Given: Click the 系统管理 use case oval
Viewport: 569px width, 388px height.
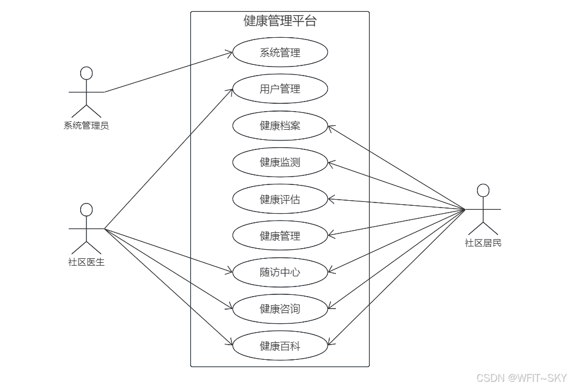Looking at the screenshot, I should pyautogui.click(x=280, y=53).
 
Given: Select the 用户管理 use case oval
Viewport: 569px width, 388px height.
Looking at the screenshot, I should pyautogui.click(x=280, y=89).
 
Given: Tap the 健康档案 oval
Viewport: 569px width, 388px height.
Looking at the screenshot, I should pyautogui.click(x=280, y=126).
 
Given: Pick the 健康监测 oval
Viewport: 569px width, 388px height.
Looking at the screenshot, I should pyautogui.click(x=280, y=162).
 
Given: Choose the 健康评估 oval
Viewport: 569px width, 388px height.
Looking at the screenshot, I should pyautogui.click(x=280, y=199).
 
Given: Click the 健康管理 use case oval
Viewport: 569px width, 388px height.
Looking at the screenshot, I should pyautogui.click(x=280, y=236).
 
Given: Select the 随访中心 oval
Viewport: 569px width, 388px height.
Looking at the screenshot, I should pyautogui.click(x=280, y=272).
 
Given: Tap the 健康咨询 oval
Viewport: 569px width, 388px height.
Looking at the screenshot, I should pyautogui.click(x=280, y=309).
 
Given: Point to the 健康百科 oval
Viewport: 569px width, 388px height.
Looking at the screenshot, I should pyautogui.click(x=280, y=346).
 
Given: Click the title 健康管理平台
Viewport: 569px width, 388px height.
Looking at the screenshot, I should pyautogui.click(x=280, y=21).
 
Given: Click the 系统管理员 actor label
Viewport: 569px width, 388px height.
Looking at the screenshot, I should pyautogui.click(x=86, y=126).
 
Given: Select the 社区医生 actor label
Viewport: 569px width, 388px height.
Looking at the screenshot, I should pyautogui.click(x=86, y=262).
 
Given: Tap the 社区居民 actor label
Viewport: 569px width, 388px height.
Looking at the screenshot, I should pyautogui.click(x=483, y=243).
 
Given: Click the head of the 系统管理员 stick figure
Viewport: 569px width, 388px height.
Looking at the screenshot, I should pyautogui.click(x=86, y=73).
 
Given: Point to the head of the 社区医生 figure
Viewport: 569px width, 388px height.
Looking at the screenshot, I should pyautogui.click(x=86, y=210).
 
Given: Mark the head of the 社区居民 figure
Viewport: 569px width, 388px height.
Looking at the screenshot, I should pyautogui.click(x=483, y=190).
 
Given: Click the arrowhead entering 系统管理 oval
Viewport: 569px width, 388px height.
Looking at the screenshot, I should pyautogui.click(x=230, y=54).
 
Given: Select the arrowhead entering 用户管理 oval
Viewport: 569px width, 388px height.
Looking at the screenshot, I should pyautogui.click(x=230, y=90).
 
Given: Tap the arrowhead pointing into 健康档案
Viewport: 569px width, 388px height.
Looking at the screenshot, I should pyautogui.click(x=331, y=127).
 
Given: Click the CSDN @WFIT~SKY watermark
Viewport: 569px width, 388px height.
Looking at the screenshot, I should pyautogui.click(x=521, y=378).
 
